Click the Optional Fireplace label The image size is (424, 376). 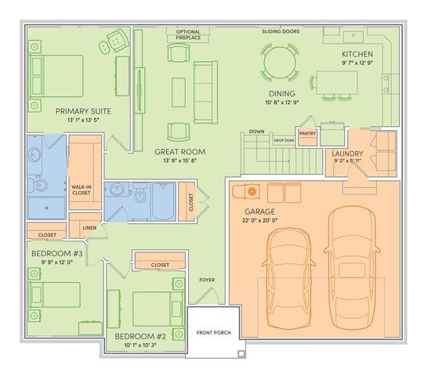pyautogui.click(x=188, y=35)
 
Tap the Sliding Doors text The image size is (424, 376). pyautogui.click(x=281, y=31)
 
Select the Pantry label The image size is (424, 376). pyautogui.click(x=307, y=133)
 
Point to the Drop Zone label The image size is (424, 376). pyautogui.click(x=284, y=140)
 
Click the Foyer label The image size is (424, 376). pyautogui.click(x=207, y=280)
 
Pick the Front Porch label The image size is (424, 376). pyautogui.click(x=214, y=333)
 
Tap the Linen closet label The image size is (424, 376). pyautogui.click(x=89, y=228)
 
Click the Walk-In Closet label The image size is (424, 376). pyautogui.click(x=82, y=190)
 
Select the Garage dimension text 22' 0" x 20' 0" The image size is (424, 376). pyautogui.click(x=260, y=221)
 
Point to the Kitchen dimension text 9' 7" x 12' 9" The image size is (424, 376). pyautogui.click(x=357, y=63)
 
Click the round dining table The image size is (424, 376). pyautogui.click(x=280, y=63)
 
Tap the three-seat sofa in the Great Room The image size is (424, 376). pyautogui.click(x=206, y=92)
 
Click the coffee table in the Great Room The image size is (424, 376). pyautogui.click(x=179, y=92)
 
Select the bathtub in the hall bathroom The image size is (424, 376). pyautogui.click(x=163, y=201)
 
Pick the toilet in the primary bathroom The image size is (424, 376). pyautogui.click(x=38, y=185)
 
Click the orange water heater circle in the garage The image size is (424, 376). pyautogui.click(x=252, y=191)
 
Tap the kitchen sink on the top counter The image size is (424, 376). pyautogui.click(x=353, y=37)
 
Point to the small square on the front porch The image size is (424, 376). pyautogui.click(x=241, y=353)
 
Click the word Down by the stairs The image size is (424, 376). pyautogui.click(x=256, y=132)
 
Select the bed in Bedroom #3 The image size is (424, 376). pyautogui.click(x=55, y=295)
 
